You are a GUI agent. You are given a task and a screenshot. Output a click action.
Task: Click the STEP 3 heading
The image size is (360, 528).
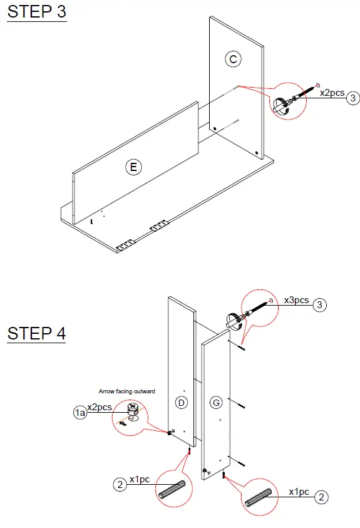point(36,13)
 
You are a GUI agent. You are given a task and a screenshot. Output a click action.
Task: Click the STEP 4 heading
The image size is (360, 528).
point(36,333)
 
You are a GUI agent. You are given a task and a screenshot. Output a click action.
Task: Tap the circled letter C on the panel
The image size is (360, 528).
point(233,59)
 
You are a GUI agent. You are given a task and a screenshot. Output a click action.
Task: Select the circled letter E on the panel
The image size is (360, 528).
point(133,167)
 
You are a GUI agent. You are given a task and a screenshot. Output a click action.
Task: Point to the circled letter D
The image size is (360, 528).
point(181,403)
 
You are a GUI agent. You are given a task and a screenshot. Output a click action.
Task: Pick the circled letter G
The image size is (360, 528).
point(216,403)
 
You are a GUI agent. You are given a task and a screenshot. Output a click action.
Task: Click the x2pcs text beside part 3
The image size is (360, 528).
point(332,93)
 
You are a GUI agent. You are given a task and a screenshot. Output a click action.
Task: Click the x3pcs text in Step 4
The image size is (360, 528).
point(297,300)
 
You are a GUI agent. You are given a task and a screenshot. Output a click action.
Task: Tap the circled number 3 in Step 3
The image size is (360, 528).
point(354,98)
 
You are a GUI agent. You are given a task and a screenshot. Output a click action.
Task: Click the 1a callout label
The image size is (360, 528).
point(80,412)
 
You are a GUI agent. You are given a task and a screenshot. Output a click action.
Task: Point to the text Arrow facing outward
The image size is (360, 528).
point(127,391)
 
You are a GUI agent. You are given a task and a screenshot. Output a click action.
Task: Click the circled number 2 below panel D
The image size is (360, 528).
point(119,484)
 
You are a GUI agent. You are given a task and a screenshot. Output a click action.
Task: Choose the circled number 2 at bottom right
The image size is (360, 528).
point(321,497)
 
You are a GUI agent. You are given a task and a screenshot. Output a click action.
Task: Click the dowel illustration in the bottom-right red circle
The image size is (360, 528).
point(259,495)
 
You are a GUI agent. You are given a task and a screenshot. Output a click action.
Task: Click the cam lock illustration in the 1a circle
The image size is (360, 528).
point(132,412)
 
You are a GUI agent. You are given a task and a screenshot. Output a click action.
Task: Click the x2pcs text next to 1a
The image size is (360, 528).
point(100,407)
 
